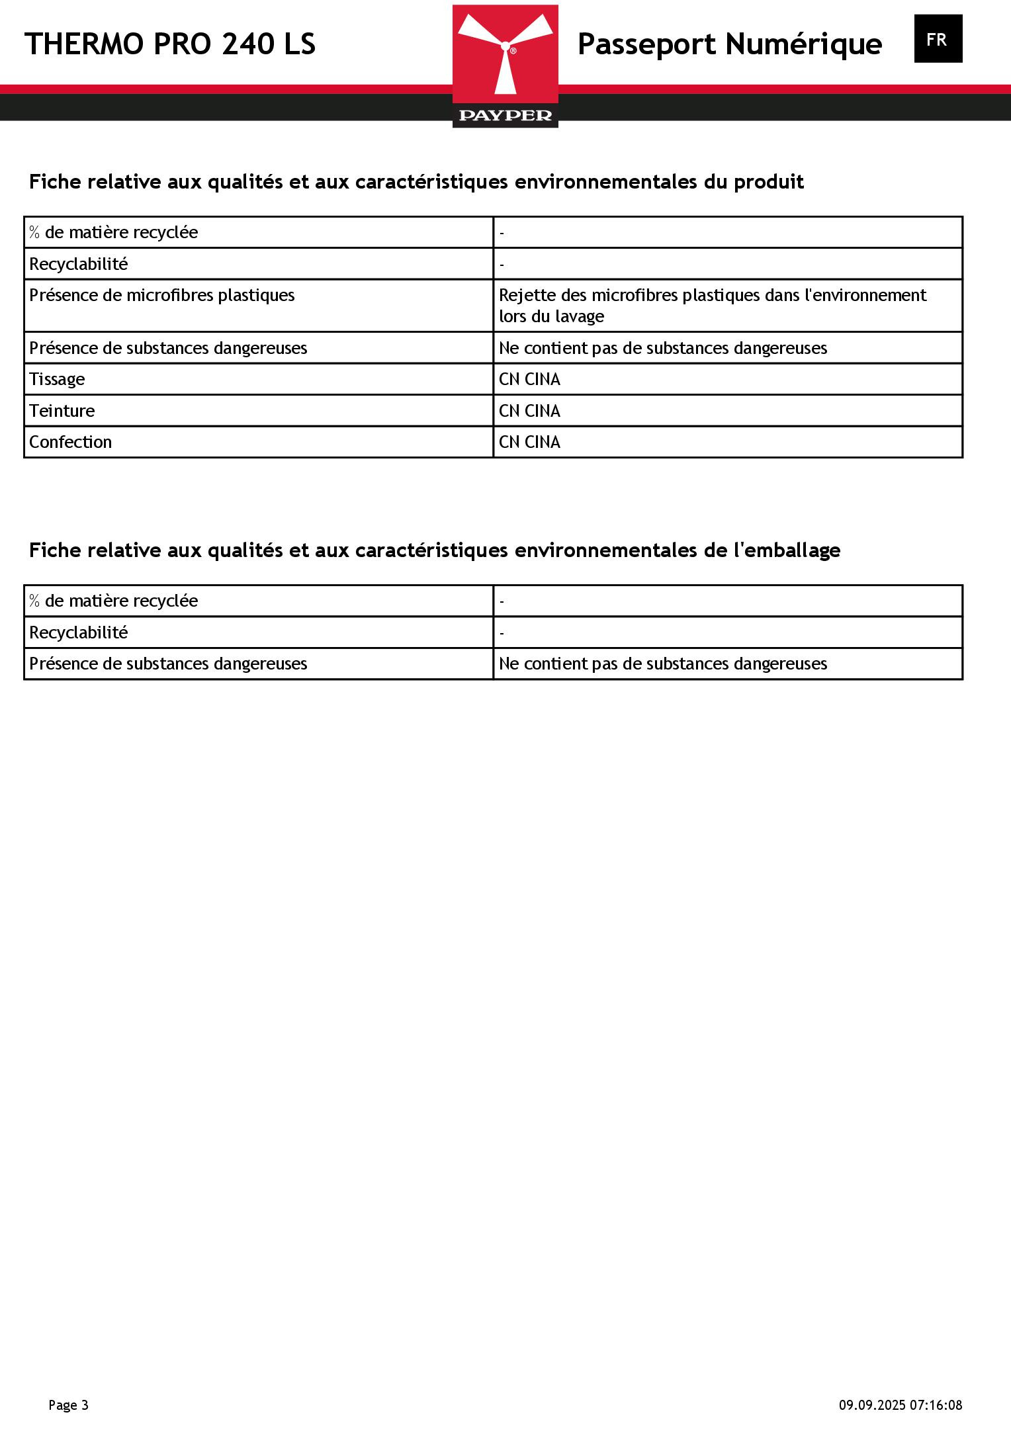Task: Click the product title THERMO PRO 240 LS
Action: point(170,44)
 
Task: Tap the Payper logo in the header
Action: point(505,66)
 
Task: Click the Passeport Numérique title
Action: point(729,44)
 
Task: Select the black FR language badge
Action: point(938,39)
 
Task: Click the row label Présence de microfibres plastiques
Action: point(162,295)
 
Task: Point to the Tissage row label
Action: point(57,379)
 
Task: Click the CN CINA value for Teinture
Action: point(529,411)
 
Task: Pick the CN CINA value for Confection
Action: point(529,442)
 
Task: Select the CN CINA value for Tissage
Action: point(529,379)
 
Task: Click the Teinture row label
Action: point(62,411)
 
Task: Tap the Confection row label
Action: point(71,442)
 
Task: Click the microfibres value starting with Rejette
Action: point(712,305)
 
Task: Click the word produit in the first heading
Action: point(768,181)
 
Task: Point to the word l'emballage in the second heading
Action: point(787,550)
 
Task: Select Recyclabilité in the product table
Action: point(79,264)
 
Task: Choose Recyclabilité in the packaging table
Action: point(79,632)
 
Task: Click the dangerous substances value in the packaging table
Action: point(662,664)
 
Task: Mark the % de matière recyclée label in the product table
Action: point(114,232)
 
